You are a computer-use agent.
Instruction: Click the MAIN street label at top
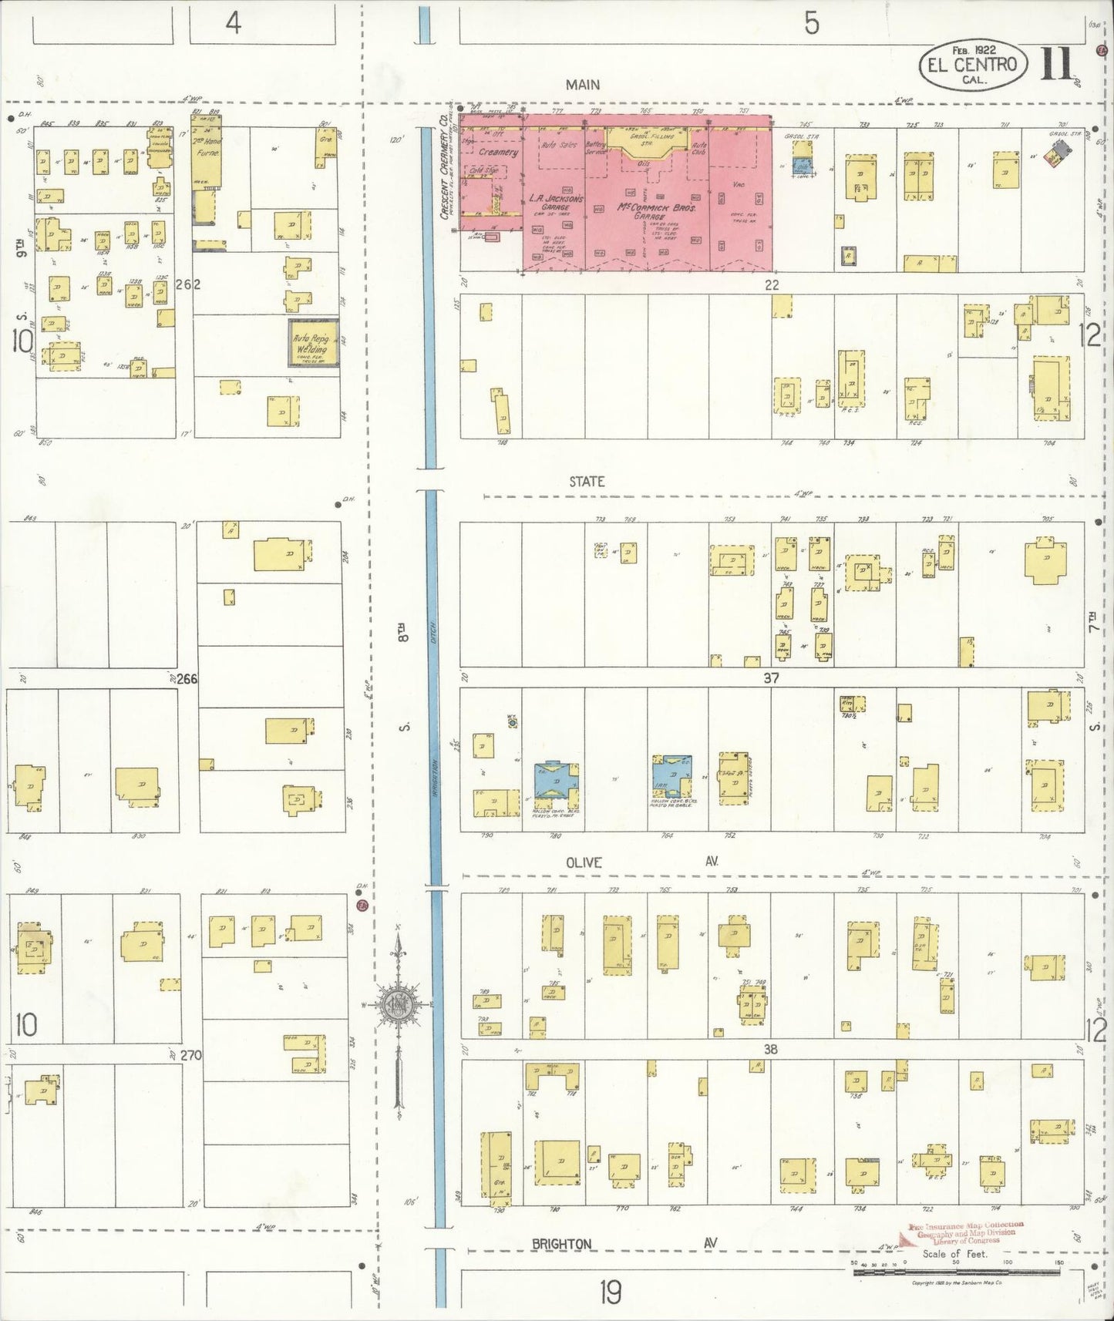point(582,85)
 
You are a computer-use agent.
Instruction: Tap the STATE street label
point(587,482)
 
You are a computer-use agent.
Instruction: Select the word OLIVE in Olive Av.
point(584,862)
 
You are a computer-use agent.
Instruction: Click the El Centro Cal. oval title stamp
point(972,66)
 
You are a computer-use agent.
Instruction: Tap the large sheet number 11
point(1057,64)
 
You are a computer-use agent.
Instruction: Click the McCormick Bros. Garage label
point(646,212)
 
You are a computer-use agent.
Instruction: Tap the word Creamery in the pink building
point(498,153)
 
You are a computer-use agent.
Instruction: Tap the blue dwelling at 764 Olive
point(671,775)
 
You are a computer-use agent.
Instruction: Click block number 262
point(188,284)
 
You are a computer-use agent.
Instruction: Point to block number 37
point(771,678)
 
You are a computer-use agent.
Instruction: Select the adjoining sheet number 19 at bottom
point(610,1292)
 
